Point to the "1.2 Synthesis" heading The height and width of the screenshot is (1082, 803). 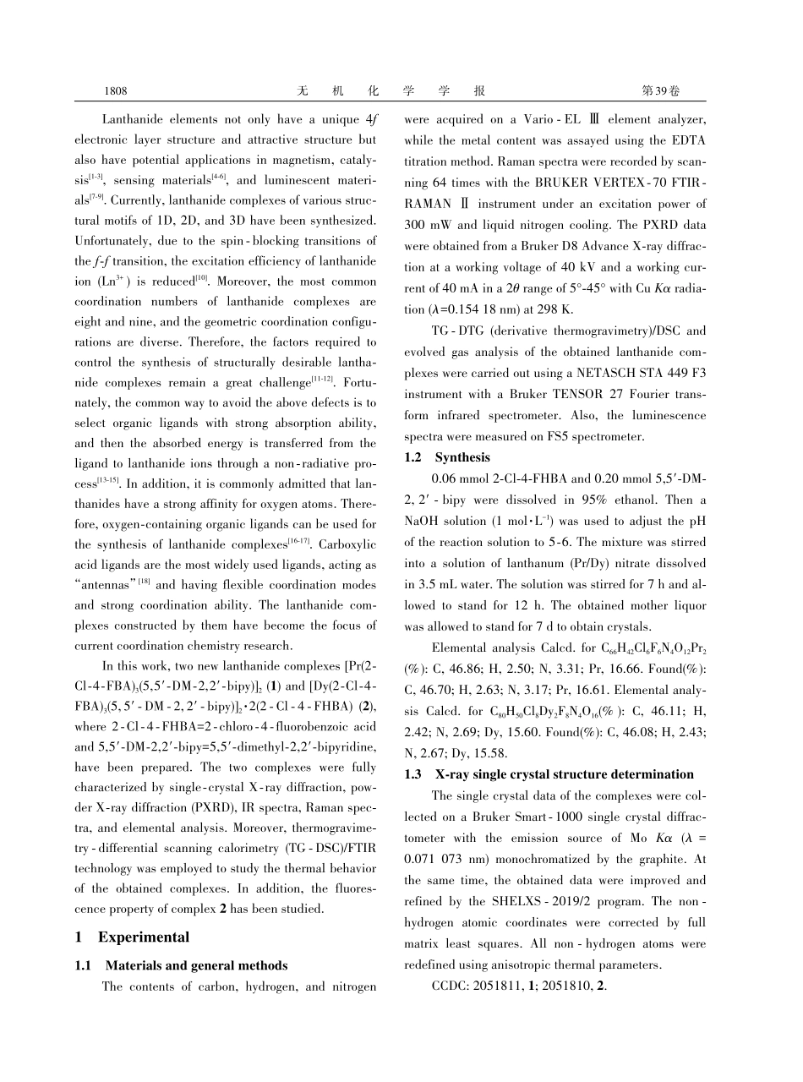tap(447, 457)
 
